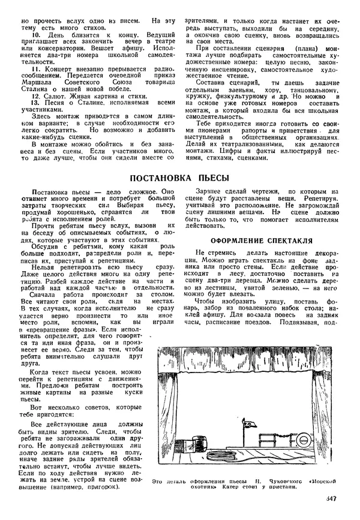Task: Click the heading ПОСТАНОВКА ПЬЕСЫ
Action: [179, 178]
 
